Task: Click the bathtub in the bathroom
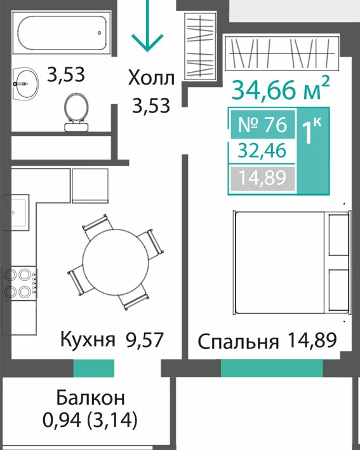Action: tap(62, 32)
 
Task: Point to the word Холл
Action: tap(151, 78)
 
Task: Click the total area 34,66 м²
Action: tap(281, 88)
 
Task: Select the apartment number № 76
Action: tap(263, 125)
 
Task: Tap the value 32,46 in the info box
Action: tap(262, 151)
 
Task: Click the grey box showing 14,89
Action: tap(263, 178)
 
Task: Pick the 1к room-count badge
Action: tap(313, 151)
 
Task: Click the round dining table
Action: tap(114, 262)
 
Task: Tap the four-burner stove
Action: tap(20, 283)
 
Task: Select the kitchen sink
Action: tap(16, 212)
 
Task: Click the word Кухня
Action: tap(88, 339)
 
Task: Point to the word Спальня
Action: tap(238, 341)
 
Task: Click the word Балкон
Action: tap(91, 397)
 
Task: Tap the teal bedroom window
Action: tap(272, 368)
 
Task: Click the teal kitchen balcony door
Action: tap(94, 368)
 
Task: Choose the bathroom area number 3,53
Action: tap(66, 74)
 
